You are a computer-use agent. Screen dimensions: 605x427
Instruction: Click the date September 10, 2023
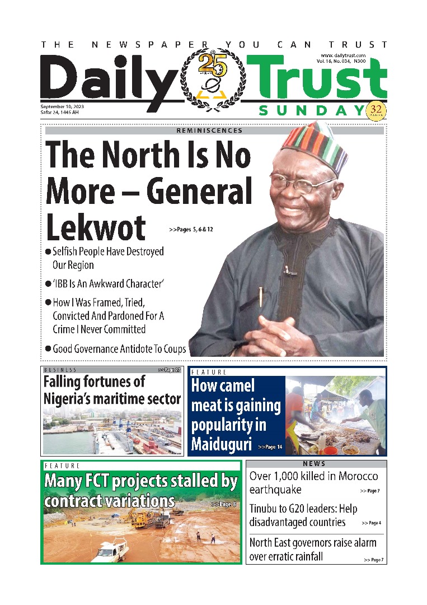tap(63, 106)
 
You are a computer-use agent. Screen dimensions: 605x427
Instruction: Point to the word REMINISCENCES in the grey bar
tap(209, 131)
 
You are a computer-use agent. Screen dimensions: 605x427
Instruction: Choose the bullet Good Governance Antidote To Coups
tap(119, 348)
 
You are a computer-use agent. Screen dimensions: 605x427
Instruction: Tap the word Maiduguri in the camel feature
tap(221, 445)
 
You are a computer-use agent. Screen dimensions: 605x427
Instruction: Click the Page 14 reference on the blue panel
tap(270, 447)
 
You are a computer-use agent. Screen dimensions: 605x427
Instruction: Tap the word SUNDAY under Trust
tap(311, 111)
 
